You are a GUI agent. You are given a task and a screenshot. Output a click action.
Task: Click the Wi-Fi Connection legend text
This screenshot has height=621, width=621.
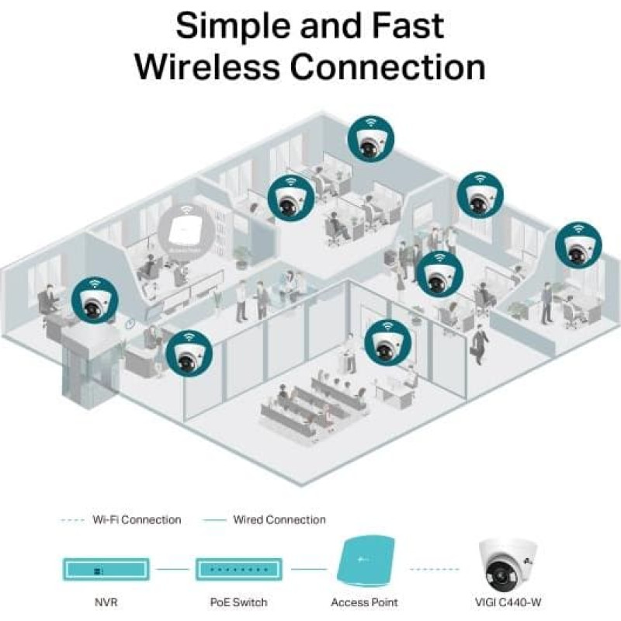pyautogui.click(x=137, y=519)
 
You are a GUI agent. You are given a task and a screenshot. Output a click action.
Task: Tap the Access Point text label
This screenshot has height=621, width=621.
pyautogui.click(x=364, y=602)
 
